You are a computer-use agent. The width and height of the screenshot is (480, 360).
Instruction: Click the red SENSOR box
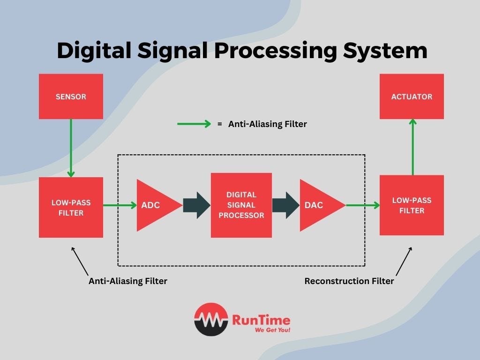coord(71,97)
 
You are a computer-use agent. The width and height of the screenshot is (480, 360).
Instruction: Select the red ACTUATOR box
coord(412,97)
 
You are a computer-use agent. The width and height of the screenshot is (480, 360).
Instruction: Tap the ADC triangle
coord(155,205)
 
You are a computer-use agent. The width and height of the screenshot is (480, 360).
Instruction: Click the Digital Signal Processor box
coord(241,205)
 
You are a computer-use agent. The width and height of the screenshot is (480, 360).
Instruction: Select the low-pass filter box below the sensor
coord(71,207)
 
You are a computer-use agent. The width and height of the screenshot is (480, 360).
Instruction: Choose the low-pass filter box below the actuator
coord(412,205)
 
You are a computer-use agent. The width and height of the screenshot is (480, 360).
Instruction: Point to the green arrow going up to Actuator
coord(412,147)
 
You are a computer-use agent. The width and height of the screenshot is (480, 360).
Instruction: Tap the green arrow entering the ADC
coord(120,205)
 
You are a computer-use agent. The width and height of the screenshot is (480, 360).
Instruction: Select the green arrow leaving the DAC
coord(362,205)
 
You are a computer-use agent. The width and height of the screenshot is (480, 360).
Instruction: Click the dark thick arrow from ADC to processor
coord(196,205)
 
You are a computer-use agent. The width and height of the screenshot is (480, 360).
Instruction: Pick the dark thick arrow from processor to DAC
coord(285,205)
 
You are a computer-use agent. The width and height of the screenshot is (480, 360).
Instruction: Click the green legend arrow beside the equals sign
coord(194,124)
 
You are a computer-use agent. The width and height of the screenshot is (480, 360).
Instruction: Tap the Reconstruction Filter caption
coord(349,281)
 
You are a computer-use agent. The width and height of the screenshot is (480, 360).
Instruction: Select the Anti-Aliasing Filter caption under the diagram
coord(127,281)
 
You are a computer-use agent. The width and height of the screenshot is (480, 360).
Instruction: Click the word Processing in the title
coord(276,51)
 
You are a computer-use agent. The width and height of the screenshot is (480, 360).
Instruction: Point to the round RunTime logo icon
coord(211,319)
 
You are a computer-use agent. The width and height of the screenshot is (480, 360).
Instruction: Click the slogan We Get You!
coord(272,330)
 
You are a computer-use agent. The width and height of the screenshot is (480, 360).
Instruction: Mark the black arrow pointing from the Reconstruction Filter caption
coord(404,262)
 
